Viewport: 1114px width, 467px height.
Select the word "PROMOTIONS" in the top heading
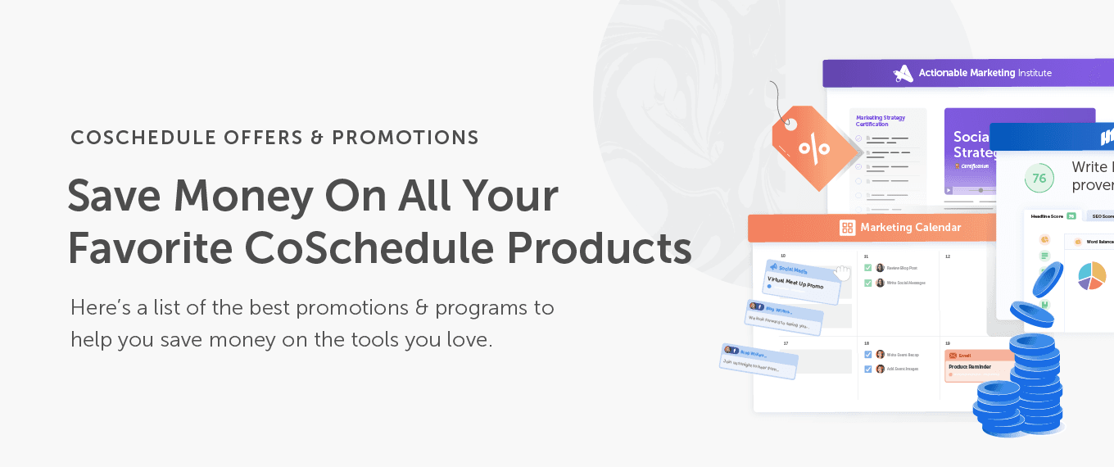[x=405, y=138]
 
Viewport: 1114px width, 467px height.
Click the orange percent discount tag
[x=811, y=147]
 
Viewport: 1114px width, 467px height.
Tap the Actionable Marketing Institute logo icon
[x=903, y=73]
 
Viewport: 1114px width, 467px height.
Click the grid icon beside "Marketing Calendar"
[x=847, y=228]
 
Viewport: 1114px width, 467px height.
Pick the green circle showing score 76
[x=1039, y=178]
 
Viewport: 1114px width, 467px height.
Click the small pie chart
[x=1091, y=275]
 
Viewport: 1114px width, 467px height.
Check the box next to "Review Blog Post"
[x=868, y=268]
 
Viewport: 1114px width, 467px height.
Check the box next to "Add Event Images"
[x=868, y=369]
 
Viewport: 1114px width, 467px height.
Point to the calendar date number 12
[x=948, y=256]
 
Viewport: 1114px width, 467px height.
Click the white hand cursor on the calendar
[x=843, y=271]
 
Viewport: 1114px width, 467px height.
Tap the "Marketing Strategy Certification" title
[x=881, y=121]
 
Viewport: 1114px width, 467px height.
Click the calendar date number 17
[x=786, y=343]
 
